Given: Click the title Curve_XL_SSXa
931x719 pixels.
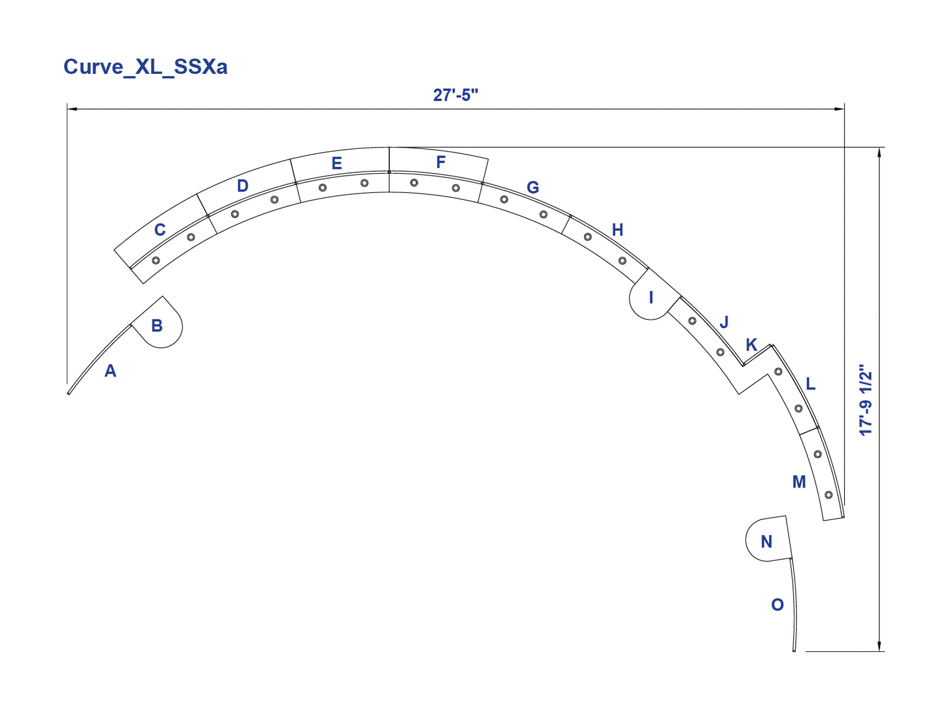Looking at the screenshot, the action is point(145,67).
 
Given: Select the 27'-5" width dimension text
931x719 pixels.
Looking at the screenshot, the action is point(455,95).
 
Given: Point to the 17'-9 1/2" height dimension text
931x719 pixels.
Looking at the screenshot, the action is point(865,400).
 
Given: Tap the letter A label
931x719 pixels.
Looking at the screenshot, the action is point(110,371).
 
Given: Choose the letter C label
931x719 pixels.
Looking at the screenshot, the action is point(160,230).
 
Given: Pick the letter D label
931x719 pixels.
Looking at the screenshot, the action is point(243,186).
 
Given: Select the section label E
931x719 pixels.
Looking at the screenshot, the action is point(337,163).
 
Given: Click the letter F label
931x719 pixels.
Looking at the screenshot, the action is point(441,163).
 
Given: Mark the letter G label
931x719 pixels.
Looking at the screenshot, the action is point(533,187).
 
